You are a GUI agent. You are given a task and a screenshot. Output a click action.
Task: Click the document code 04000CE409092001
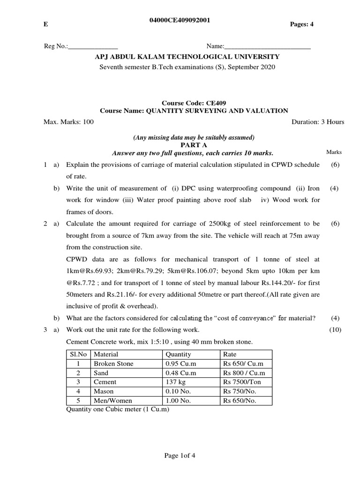tap(180, 20)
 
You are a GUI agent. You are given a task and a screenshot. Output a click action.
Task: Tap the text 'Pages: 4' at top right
tap(302, 25)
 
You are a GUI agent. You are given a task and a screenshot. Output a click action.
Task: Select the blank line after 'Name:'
tap(268, 47)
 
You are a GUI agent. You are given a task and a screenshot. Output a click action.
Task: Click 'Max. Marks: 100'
tap(68, 122)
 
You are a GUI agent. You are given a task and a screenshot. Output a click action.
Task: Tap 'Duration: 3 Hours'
tap(318, 122)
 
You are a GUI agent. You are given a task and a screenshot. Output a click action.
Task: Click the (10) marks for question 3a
tap(335, 330)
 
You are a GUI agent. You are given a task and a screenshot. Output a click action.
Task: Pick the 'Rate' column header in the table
tap(230, 354)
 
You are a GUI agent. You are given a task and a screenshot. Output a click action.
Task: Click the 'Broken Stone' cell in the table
tap(113, 364)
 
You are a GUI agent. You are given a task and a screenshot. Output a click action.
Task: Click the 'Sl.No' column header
tap(79, 354)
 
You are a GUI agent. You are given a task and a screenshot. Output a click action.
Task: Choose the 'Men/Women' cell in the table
tap(113, 401)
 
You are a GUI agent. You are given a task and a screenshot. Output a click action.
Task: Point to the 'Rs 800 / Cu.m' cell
tap(244, 373)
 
